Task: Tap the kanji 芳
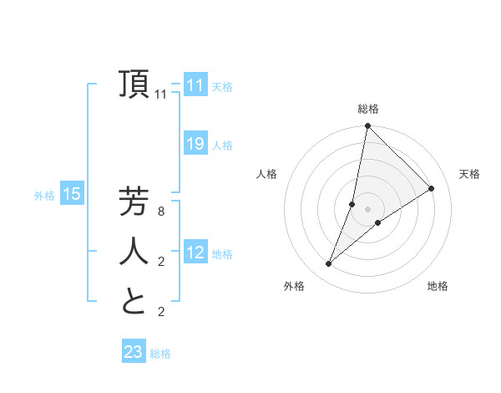pyautogui.click(x=134, y=202)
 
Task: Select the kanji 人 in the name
pyautogui.click(x=134, y=251)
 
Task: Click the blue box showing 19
pyautogui.click(x=195, y=144)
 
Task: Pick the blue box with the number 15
pyautogui.click(x=72, y=195)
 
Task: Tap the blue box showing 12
pyautogui.click(x=195, y=253)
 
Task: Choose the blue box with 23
pyautogui.click(x=134, y=352)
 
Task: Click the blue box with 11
pyautogui.click(x=195, y=85)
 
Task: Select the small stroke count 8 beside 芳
pyautogui.click(x=161, y=212)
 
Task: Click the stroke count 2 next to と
pyautogui.click(x=161, y=312)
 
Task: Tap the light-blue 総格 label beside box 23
pyautogui.click(x=160, y=354)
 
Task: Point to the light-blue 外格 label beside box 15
pyautogui.click(x=44, y=196)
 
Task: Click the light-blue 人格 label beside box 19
pyautogui.click(x=222, y=145)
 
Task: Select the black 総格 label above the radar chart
pyautogui.click(x=368, y=109)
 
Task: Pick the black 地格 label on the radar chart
pyautogui.click(x=438, y=286)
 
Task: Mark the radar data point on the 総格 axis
pyautogui.click(x=367, y=127)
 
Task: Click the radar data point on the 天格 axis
pyautogui.click(x=432, y=188)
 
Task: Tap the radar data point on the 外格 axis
pyautogui.click(x=329, y=263)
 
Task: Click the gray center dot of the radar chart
pyautogui.click(x=368, y=209)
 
